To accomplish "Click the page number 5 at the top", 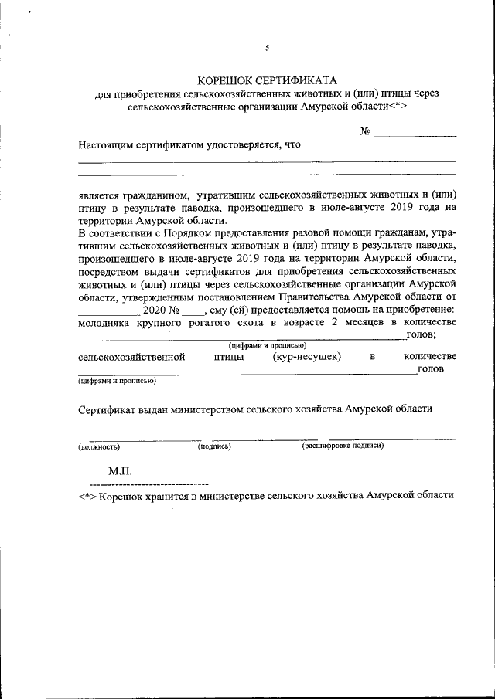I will point(267,48).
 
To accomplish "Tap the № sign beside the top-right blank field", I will point(366,131).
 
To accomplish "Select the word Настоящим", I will point(108,144).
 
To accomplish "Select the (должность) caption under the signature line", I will point(98,446).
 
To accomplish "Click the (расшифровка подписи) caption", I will point(343,446).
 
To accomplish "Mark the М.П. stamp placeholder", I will point(121,470).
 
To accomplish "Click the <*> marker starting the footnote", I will point(87,494).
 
